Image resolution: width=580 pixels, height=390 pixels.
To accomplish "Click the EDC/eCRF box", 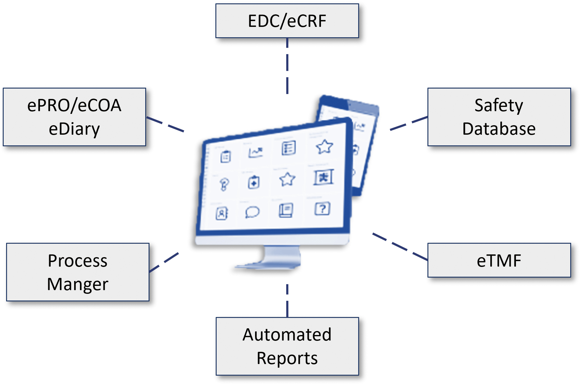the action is click(287, 21).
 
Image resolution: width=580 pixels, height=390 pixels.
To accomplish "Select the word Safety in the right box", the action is click(499, 106).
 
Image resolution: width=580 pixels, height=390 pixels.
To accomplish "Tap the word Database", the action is click(499, 129).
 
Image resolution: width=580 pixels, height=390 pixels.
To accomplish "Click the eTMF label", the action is click(499, 261).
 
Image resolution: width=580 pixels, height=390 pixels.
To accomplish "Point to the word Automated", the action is click(287, 334).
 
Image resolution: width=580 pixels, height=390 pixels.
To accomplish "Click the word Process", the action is click(77, 261).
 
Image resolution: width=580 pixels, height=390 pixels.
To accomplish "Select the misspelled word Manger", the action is click(77, 285).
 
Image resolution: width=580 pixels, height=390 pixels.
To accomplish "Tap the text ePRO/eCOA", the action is click(74, 105).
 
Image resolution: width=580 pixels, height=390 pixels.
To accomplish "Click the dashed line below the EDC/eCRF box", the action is click(287, 66).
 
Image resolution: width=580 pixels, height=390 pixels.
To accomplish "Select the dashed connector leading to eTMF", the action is click(400, 247).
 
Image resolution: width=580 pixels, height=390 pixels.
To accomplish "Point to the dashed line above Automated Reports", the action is click(287, 301).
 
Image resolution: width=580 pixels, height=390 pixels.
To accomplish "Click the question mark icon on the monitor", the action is click(322, 209).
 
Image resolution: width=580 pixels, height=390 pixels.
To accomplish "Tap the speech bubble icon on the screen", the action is click(252, 212).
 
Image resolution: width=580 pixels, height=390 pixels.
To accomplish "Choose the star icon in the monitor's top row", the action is click(324, 147).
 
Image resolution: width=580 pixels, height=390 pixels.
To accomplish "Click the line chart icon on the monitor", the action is click(255, 152).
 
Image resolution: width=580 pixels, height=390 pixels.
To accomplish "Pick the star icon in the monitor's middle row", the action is click(287, 179).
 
